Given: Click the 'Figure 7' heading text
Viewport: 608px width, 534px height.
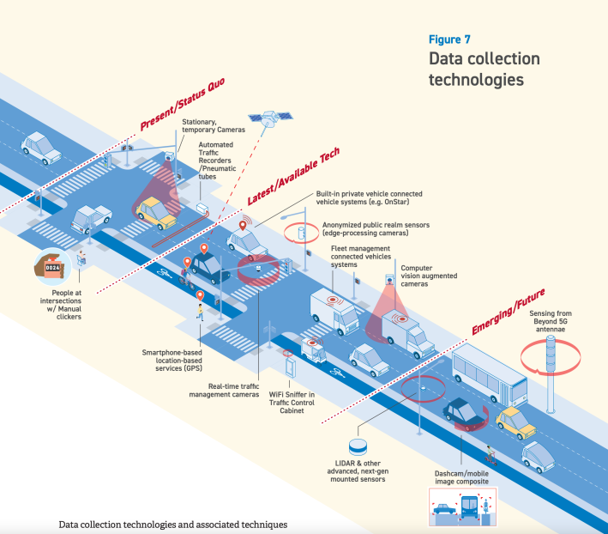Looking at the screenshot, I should (x=448, y=39).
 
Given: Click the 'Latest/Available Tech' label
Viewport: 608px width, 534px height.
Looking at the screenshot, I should (x=293, y=176).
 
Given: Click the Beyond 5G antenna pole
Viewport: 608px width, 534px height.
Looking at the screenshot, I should (x=551, y=369).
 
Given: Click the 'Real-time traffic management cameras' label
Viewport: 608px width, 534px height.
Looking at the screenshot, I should (x=222, y=391).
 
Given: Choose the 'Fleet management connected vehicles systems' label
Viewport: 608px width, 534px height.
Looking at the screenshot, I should (x=361, y=257).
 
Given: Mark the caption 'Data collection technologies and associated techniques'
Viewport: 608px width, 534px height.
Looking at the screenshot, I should (x=172, y=524).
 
